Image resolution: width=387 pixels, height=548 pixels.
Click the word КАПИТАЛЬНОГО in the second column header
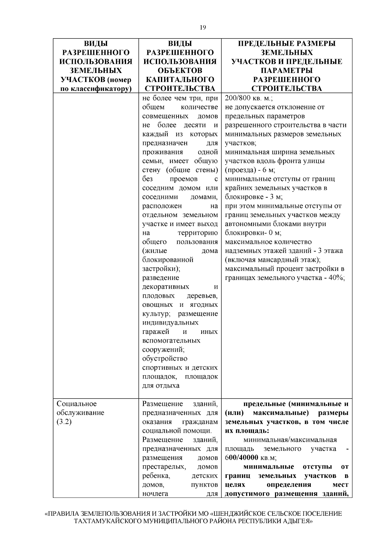tap(180, 79)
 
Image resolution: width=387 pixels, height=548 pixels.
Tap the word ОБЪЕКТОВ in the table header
tap(180, 70)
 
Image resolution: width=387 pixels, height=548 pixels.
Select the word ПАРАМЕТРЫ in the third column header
tap(286, 70)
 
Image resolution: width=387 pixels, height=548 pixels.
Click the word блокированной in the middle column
tap(168, 260)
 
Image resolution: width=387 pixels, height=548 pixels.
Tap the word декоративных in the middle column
tap(166, 287)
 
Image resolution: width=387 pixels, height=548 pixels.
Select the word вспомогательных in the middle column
tap(171, 341)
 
